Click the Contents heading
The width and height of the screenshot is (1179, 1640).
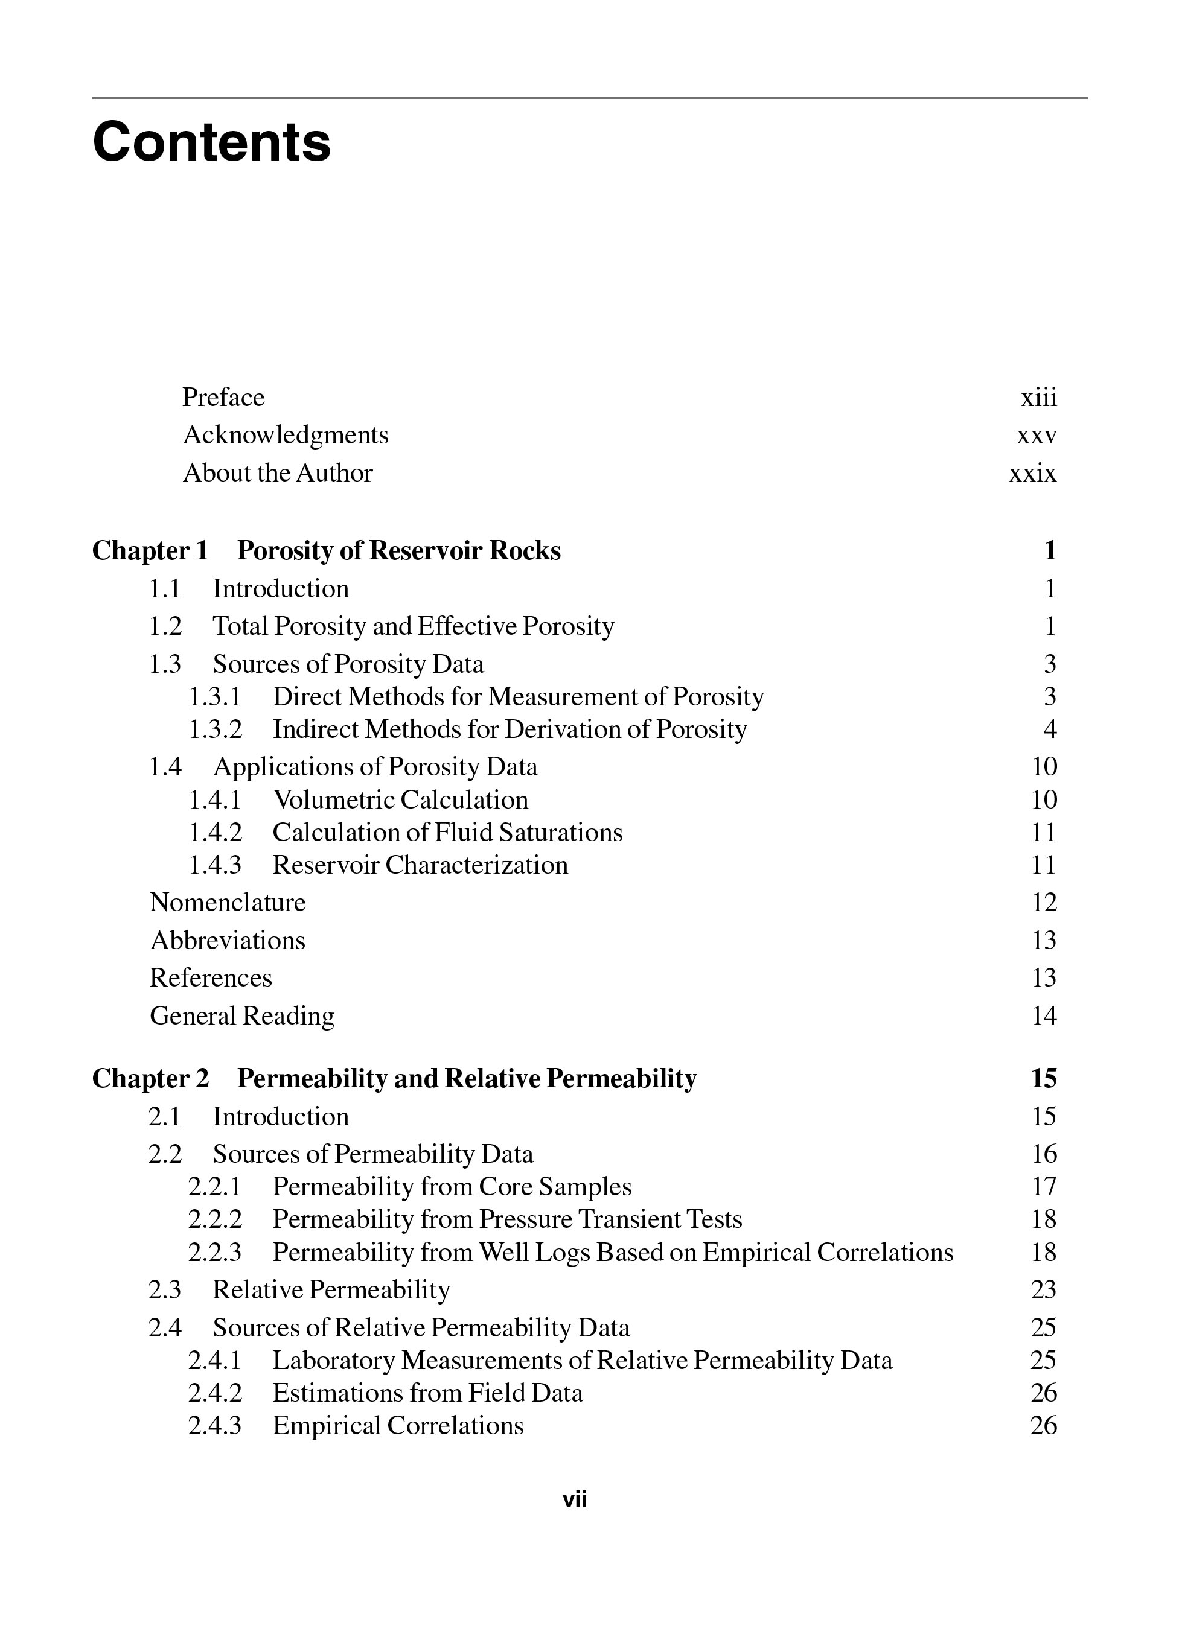211,142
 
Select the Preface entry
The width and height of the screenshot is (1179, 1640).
223,397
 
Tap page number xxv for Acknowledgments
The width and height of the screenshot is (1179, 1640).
1037,435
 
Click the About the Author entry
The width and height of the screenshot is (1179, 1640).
278,473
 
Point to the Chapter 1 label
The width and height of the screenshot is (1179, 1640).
150,550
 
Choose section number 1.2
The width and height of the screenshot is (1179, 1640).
165,626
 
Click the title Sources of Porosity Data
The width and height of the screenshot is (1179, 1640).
348,664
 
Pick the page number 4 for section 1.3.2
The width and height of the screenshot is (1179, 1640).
1050,729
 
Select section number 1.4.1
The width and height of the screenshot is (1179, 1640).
215,799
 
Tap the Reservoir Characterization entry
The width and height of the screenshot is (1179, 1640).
420,865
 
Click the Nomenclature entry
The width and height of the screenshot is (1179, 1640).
228,903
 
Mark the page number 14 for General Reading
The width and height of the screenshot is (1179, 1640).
1044,1016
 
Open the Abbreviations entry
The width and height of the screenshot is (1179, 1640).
228,940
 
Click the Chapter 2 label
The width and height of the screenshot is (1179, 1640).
150,1078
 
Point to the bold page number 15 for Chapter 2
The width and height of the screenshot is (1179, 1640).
1044,1078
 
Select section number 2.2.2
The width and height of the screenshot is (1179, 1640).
215,1220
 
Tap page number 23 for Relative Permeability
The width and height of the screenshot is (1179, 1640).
1044,1290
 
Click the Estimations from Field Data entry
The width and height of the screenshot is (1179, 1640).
427,1393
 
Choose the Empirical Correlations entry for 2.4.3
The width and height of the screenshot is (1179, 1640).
398,1425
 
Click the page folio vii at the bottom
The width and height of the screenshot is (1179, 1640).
575,1500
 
